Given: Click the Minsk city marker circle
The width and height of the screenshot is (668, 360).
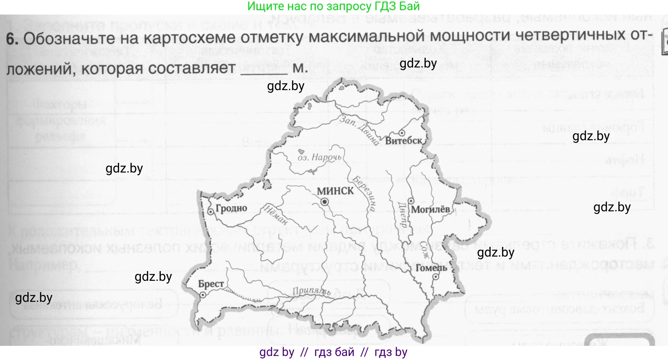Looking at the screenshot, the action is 325,202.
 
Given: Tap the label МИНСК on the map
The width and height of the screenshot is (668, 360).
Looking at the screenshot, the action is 335,191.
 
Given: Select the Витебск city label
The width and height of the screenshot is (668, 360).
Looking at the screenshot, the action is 403,141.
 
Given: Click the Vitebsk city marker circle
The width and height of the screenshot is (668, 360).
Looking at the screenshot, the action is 402,133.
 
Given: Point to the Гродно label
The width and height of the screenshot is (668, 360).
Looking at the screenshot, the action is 231,208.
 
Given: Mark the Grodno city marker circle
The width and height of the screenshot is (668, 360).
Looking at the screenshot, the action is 210,212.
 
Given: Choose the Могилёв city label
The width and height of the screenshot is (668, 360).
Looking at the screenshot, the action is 431,209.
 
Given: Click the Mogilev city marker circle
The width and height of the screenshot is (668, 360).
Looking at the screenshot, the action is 411,201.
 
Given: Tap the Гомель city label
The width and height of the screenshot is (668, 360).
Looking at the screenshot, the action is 431,268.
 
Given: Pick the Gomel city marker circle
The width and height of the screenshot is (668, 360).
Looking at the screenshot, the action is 436,277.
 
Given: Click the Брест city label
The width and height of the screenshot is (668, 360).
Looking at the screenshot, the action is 211,284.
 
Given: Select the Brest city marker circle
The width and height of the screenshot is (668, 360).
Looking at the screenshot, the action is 203,295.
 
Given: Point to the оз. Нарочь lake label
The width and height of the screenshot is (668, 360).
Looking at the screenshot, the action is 319,157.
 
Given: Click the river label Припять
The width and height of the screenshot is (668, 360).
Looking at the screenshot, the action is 311,291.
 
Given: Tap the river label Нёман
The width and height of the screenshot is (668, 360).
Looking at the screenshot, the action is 276,215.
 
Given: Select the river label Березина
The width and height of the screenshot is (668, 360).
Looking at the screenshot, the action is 364,194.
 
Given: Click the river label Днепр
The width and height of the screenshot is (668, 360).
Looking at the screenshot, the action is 403,215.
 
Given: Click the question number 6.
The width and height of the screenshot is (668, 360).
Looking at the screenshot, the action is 12,39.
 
